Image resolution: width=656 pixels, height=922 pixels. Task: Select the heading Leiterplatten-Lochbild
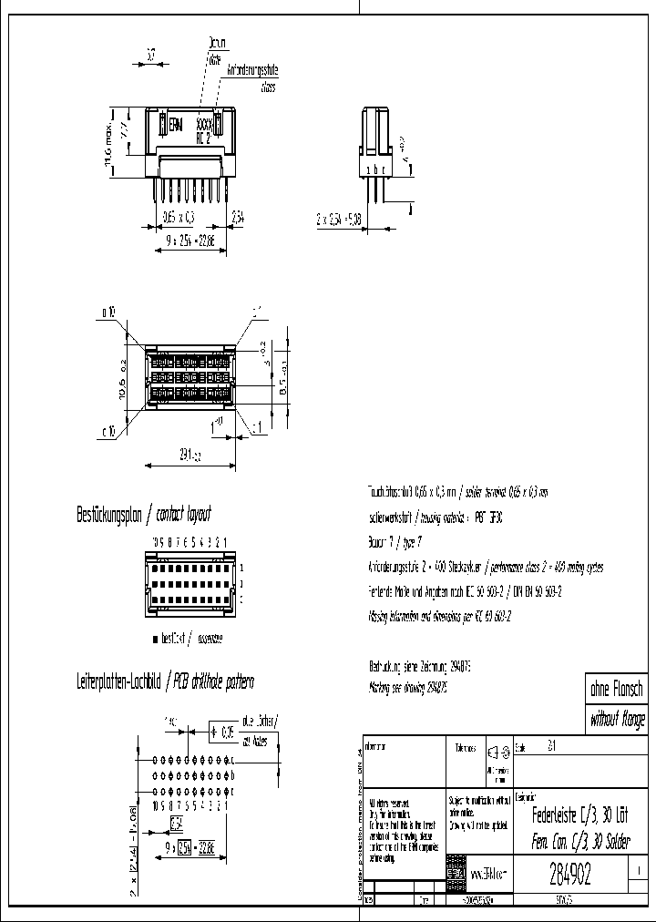[117, 681]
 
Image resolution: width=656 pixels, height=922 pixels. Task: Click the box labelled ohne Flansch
[617, 691]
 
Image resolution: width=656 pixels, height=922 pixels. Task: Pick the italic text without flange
[617, 721]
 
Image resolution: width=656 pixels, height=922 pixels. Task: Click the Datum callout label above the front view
[217, 42]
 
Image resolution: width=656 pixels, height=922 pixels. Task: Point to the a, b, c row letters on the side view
[375, 170]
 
